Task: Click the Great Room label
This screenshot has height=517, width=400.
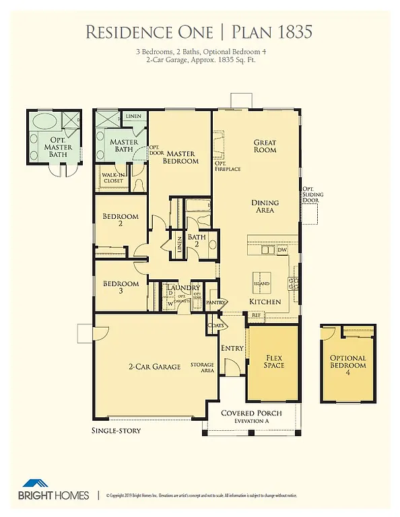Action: click(265, 145)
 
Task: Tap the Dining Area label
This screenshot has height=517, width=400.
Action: click(265, 207)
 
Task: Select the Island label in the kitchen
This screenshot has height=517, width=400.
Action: click(261, 283)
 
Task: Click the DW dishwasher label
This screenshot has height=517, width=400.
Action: click(282, 250)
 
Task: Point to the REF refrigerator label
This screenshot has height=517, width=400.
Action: click(257, 314)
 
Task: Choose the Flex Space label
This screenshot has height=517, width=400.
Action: click(274, 361)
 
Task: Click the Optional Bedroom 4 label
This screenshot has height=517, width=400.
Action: click(347, 361)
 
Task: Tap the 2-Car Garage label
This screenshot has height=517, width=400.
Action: click(155, 367)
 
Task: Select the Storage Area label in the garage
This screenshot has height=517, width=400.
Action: click(202, 367)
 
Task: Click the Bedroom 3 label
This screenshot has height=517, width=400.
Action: click(121, 287)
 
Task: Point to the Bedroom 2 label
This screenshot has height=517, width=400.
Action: click(121, 220)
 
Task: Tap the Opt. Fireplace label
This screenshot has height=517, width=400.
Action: click(228, 166)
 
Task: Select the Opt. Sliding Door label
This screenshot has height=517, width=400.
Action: click(313, 195)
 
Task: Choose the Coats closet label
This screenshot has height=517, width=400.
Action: click(215, 325)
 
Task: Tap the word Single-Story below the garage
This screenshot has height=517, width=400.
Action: click(116, 430)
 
